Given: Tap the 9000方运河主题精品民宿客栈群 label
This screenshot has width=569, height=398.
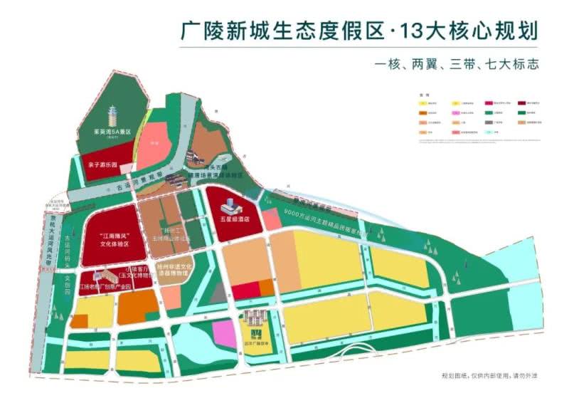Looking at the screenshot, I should coord(328,220).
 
